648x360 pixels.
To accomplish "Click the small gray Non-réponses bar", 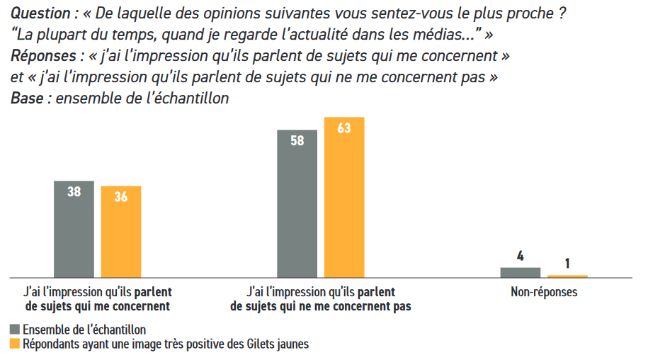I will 520,272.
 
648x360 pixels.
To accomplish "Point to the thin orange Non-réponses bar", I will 567,276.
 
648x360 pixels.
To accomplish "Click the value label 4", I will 521,257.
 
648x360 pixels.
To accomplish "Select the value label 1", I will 567,264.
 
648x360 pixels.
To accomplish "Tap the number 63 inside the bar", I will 345,130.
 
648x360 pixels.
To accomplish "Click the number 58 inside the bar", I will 297,140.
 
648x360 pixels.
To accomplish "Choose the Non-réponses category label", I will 544,292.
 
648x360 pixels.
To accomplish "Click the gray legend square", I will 15,330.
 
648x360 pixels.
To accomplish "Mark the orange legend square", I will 15,344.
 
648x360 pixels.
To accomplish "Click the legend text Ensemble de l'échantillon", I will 84,330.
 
